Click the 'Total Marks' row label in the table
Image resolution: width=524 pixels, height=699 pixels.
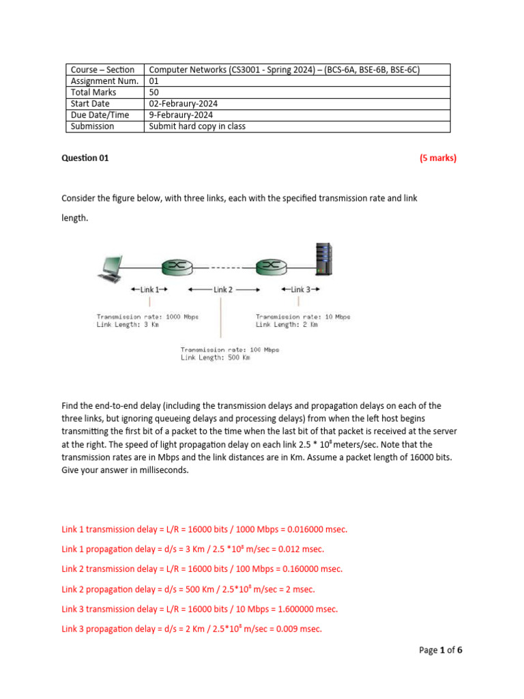pos(93,92)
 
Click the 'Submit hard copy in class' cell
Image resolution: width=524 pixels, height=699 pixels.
pos(197,126)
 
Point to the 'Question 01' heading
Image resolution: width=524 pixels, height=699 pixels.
pos(85,158)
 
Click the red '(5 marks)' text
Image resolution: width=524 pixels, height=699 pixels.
pos(437,158)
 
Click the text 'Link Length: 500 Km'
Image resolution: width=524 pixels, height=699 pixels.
pos(215,358)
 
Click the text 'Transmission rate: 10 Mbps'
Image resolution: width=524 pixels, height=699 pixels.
pos(303,317)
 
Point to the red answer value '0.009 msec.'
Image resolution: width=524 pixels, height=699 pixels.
pos(297,629)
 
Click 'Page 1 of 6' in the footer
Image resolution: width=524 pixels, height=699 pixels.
pos(440,651)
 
